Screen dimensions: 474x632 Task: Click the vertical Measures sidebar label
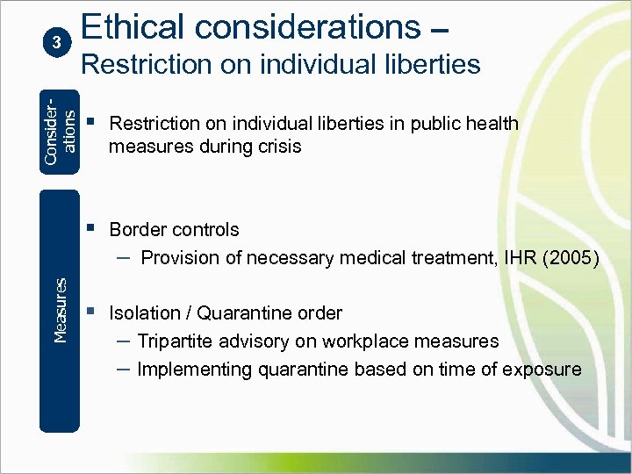(60, 310)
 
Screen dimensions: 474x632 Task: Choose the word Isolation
(144, 312)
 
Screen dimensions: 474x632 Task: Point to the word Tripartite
(176, 341)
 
